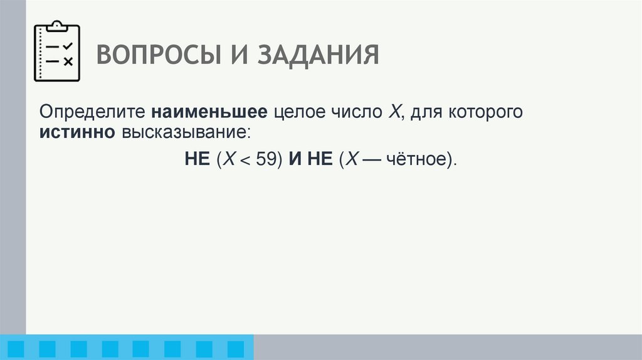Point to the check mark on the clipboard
pyautogui.click(x=68, y=46)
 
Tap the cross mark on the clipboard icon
pyautogui.click(x=68, y=61)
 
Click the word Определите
pyautogui.click(x=91, y=114)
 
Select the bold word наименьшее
pyautogui.click(x=209, y=114)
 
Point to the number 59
pyautogui.click(x=266, y=159)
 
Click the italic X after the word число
pyautogui.click(x=394, y=114)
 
